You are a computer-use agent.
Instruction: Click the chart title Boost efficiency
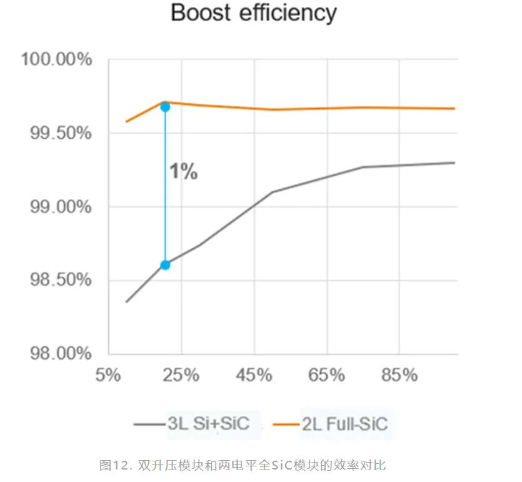tap(253, 14)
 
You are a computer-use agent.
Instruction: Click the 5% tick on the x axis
tap(108, 376)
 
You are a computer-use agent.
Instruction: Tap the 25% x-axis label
tap(181, 376)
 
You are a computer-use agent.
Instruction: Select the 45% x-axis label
tap(254, 376)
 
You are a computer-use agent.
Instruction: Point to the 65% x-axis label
tap(327, 376)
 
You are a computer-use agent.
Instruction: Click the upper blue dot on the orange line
tap(165, 107)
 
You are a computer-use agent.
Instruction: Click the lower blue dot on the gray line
tap(165, 265)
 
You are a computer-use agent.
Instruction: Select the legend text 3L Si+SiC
tap(208, 424)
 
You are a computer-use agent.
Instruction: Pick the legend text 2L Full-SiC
tap(344, 424)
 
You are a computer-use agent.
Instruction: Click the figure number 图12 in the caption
tap(114, 465)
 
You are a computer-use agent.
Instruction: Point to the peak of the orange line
tap(163, 102)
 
